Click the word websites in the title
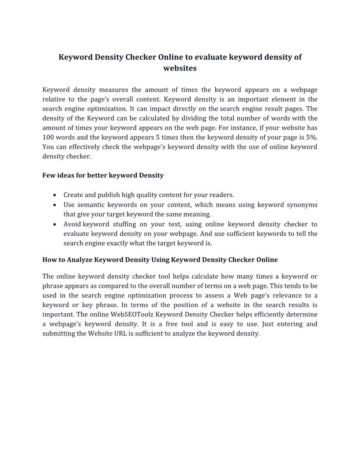coord(180,68)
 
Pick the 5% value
coord(311,137)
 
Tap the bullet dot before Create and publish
coord(54,195)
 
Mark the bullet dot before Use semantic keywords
coord(54,205)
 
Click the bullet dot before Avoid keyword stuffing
coord(54,224)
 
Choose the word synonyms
coord(302,205)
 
